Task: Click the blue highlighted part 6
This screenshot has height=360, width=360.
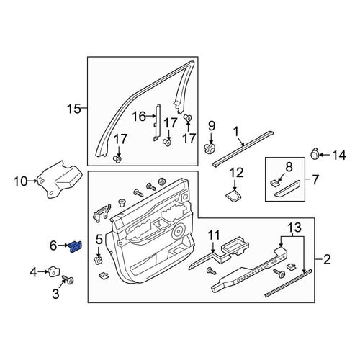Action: click(76, 247)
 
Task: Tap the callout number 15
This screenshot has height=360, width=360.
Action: click(74, 109)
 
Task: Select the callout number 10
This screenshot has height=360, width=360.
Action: click(21, 181)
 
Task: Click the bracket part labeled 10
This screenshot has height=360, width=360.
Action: click(59, 180)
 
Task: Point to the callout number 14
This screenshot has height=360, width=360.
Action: click(338, 155)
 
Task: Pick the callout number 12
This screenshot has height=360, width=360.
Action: click(236, 173)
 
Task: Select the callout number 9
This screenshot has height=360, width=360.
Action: click(212, 127)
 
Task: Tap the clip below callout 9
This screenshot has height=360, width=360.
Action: click(210, 148)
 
